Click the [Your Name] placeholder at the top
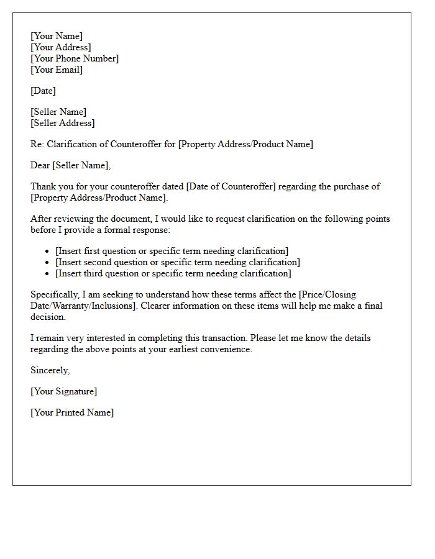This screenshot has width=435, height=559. [57, 36]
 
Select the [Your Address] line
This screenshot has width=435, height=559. [61, 47]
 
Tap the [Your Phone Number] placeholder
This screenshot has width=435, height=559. [75, 58]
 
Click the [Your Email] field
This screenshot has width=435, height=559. [57, 70]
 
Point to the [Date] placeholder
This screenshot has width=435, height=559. [43, 91]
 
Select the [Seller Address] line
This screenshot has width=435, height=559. [63, 123]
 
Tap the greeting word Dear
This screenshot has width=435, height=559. [40, 165]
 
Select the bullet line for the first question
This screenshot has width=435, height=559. [172, 251]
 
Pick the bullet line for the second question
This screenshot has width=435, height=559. [178, 262]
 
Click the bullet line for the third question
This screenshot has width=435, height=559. [173, 273]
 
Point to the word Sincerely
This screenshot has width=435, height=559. [50, 370]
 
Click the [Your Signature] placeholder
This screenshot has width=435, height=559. [63, 391]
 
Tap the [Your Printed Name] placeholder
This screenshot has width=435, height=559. [72, 412]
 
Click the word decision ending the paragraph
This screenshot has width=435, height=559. [48, 317]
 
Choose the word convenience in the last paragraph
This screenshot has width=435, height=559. [222, 349]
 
